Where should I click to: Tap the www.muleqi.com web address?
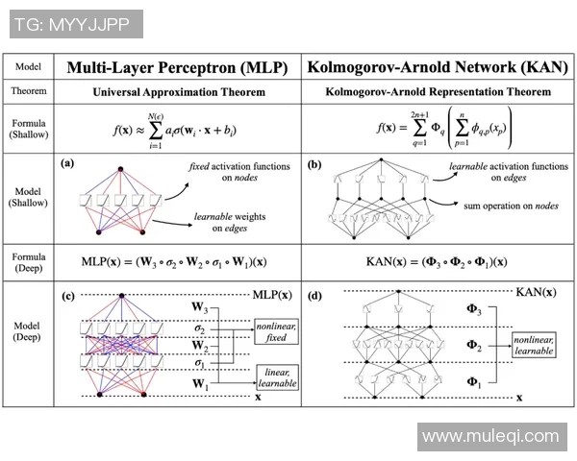point(490,437)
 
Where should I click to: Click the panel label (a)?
point(67,163)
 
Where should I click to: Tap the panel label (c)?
point(67,295)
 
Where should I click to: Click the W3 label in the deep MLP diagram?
point(197,309)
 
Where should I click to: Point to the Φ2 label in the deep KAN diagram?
point(474,343)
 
